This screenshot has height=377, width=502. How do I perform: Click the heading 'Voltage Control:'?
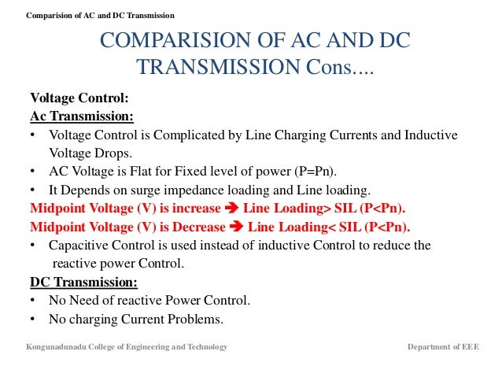(79, 99)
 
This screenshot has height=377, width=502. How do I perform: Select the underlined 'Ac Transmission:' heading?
(82, 116)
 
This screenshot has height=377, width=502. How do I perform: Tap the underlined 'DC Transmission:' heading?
(83, 282)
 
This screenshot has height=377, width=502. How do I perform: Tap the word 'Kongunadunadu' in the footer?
(57, 347)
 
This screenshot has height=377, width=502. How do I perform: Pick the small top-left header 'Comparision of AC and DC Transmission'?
(101, 16)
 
